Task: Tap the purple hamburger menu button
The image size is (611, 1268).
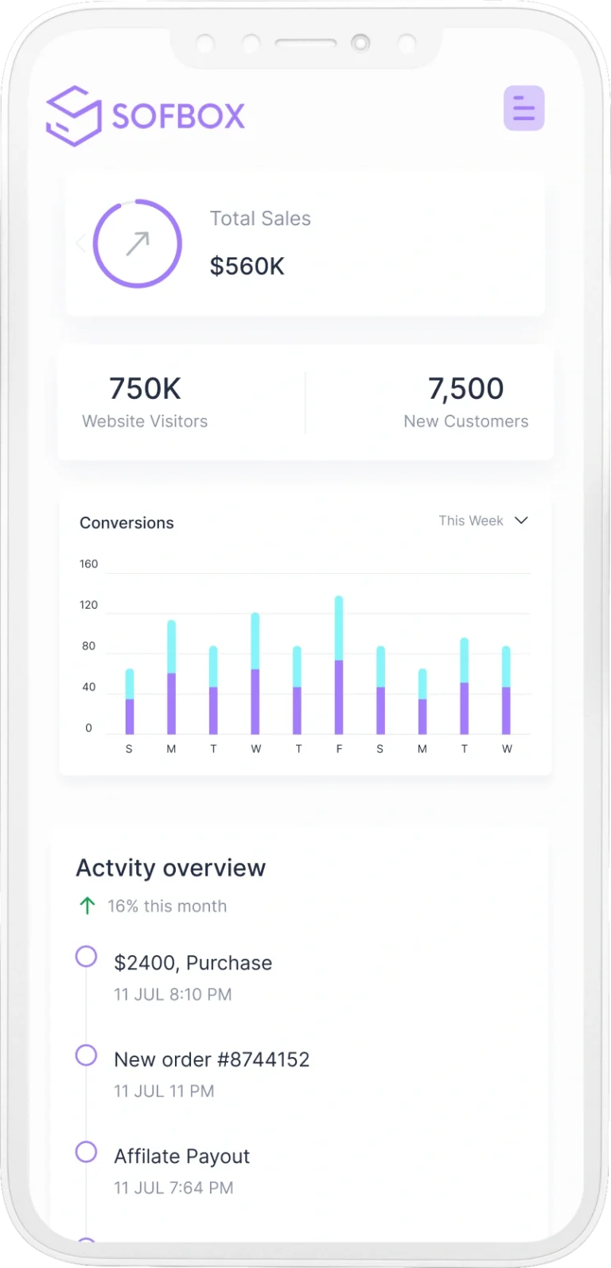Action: (523, 108)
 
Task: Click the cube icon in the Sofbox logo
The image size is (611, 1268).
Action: (73, 116)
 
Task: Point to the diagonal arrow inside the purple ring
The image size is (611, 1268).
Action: (138, 244)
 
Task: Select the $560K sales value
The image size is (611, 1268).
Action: (247, 266)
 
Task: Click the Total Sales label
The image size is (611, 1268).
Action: (260, 219)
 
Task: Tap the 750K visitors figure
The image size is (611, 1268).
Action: (145, 388)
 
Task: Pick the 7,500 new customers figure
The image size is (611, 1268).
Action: (465, 388)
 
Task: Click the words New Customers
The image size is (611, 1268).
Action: (465, 422)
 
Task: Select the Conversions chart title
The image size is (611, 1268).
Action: (126, 523)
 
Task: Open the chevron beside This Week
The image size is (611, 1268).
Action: (521, 521)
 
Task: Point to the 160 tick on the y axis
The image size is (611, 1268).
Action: (88, 564)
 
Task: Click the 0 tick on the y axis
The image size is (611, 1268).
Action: (88, 728)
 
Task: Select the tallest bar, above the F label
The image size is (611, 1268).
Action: (339, 665)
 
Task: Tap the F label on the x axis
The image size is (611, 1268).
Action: (339, 749)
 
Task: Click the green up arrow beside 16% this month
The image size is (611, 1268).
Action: (88, 906)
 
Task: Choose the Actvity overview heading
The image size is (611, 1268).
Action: (170, 868)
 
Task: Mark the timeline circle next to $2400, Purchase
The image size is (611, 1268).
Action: (86, 956)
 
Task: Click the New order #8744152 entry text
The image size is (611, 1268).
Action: (212, 1059)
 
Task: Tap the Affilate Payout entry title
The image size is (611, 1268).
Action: (181, 1157)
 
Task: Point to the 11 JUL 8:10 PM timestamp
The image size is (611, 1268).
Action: (173, 995)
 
